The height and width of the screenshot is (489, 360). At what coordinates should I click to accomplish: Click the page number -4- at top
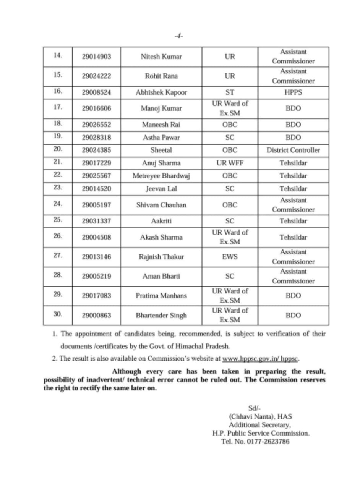[x=178, y=36]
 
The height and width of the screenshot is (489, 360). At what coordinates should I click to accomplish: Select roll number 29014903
[x=96, y=57]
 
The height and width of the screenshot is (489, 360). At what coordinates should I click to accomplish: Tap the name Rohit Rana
[x=161, y=76]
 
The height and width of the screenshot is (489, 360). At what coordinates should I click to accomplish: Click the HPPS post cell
[x=293, y=92]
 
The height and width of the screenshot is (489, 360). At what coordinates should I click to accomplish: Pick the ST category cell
[x=230, y=92]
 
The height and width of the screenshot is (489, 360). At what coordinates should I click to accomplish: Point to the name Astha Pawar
[x=161, y=138]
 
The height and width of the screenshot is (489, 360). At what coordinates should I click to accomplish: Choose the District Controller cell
[x=293, y=150]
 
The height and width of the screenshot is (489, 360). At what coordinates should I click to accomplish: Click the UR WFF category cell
[x=230, y=163]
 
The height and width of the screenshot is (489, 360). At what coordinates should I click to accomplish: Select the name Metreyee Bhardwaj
[x=161, y=176]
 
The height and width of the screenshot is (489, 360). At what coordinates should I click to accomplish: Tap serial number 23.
[x=58, y=188]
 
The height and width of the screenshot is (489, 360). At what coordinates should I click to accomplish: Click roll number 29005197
[x=96, y=205]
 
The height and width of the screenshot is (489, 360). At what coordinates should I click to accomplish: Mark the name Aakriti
[x=161, y=221]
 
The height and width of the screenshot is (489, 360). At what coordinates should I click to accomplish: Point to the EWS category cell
[x=230, y=257]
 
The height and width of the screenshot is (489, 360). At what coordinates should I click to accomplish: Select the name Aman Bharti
[x=161, y=276]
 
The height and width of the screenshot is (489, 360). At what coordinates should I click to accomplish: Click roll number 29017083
[x=96, y=296]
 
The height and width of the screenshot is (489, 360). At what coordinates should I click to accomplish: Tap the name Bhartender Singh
[x=161, y=316]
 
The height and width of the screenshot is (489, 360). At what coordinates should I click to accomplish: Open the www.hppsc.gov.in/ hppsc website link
[x=261, y=359]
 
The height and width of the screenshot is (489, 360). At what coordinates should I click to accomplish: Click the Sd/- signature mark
[x=254, y=408]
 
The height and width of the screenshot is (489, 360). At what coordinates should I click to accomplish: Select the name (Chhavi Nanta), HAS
[x=260, y=416]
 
